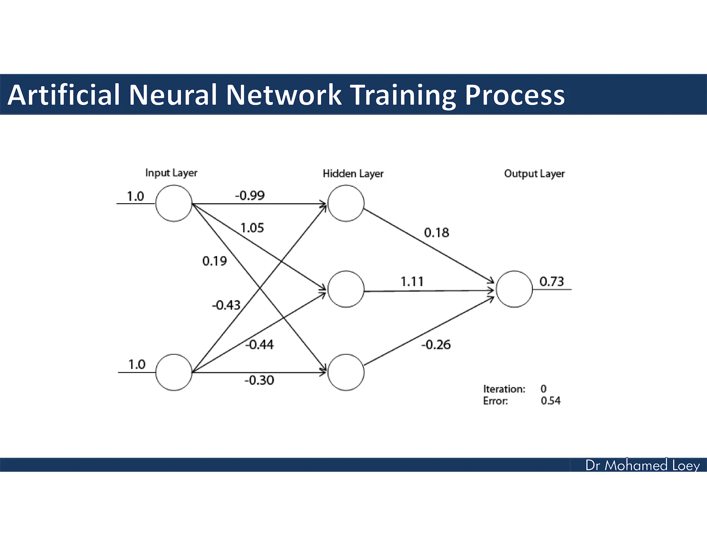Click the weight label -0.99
click(x=250, y=196)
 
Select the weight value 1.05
click(x=252, y=228)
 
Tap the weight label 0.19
click(x=214, y=261)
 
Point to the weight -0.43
click(x=226, y=305)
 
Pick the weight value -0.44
click(x=259, y=344)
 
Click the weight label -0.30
click(x=259, y=380)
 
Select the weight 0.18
click(x=436, y=233)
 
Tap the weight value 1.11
click(x=412, y=282)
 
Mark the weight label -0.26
click(x=436, y=345)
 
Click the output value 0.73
click(x=551, y=282)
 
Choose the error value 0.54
click(x=551, y=401)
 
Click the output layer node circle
click(x=514, y=289)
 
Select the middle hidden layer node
click(x=346, y=289)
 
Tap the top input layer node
click(x=174, y=203)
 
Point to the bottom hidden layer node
click(x=346, y=372)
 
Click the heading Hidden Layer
click(x=353, y=174)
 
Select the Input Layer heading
click(x=171, y=173)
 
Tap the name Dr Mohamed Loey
click(x=642, y=466)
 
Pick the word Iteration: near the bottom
click(x=504, y=389)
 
